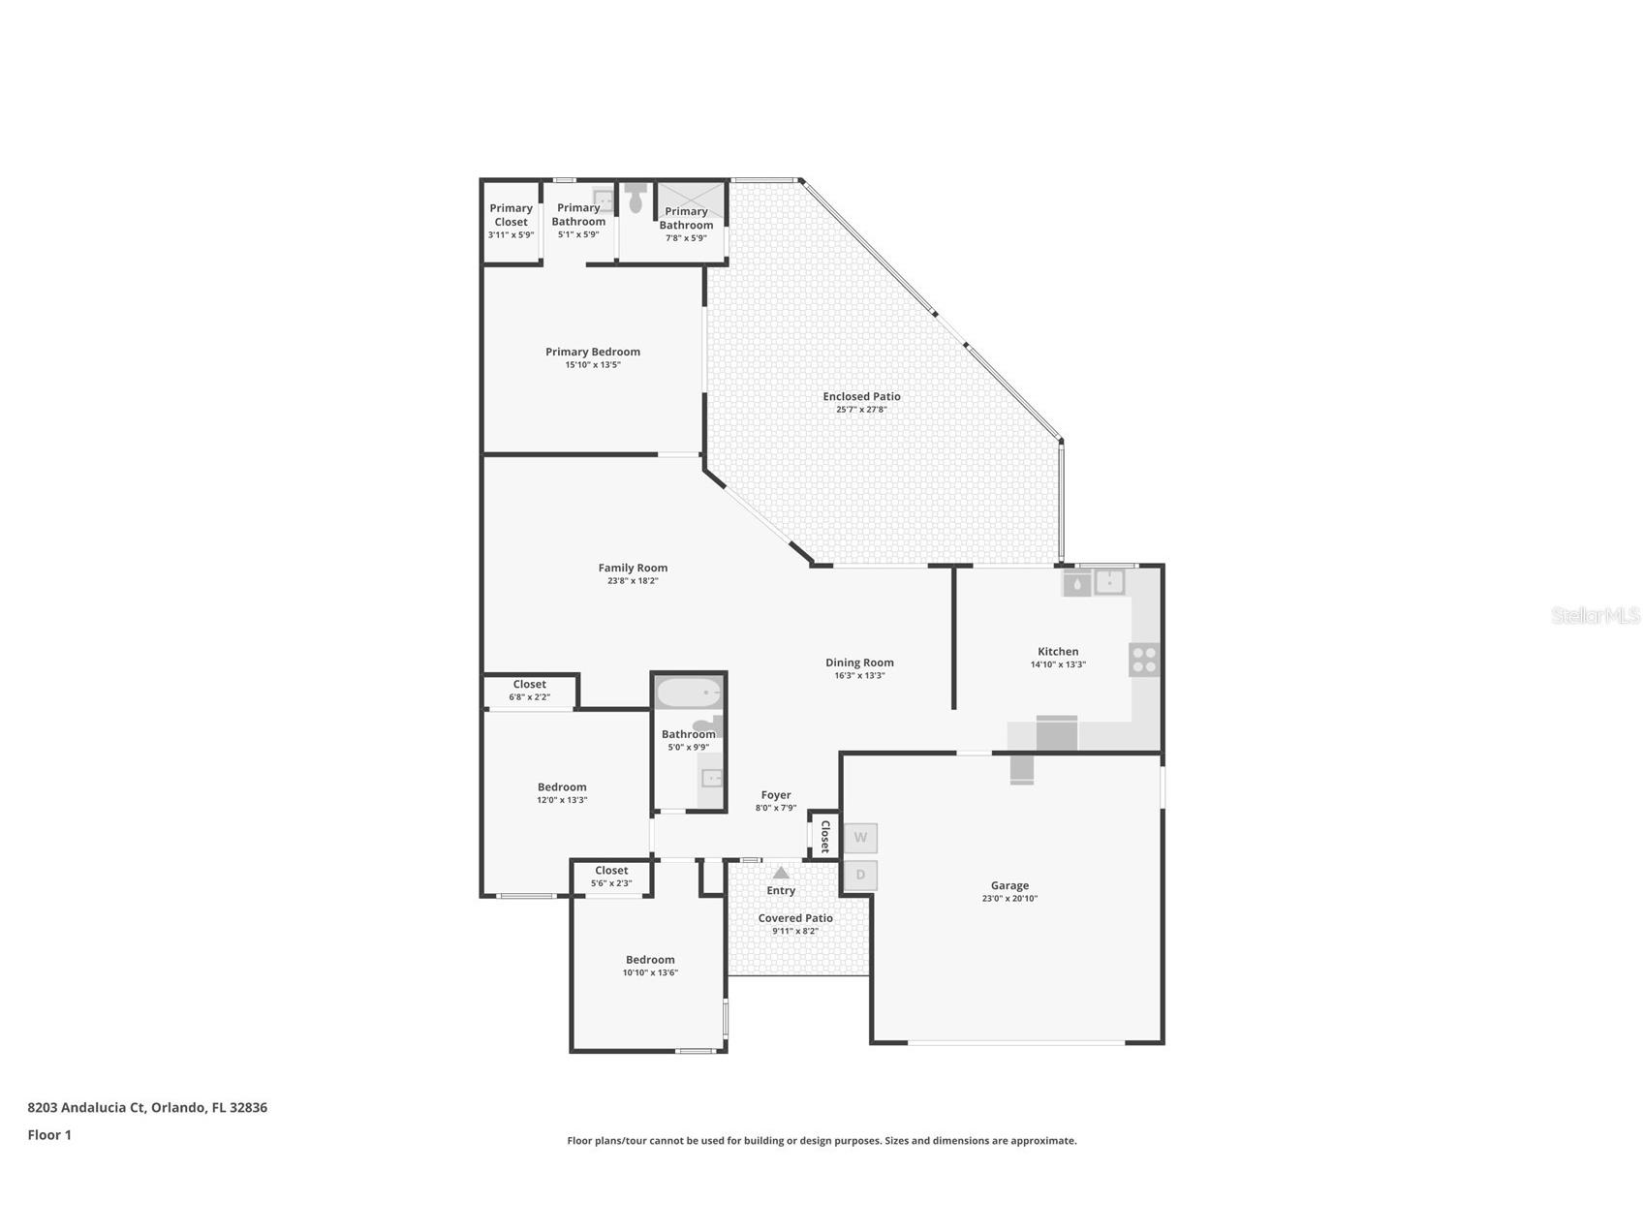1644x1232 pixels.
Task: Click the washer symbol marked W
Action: [x=860, y=838]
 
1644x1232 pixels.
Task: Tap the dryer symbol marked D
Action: [x=860, y=876]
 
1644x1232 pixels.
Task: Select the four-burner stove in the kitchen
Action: [x=1144, y=660]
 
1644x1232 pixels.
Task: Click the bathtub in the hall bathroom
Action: [x=689, y=693]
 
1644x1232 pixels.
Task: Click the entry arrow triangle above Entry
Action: [x=781, y=873]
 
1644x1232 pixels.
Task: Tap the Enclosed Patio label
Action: [x=861, y=396]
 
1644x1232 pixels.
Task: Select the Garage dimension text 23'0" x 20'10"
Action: [x=1009, y=899]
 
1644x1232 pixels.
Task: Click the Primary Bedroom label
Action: [x=593, y=352]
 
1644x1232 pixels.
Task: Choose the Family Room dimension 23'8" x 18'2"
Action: [x=633, y=581]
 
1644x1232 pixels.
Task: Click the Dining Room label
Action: [x=859, y=662]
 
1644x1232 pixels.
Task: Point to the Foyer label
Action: [x=776, y=795]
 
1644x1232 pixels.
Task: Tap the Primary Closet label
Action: [x=511, y=215]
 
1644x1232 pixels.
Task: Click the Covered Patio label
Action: [x=795, y=918]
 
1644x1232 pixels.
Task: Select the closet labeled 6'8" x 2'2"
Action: [x=530, y=690]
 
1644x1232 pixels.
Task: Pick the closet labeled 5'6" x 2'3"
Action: [x=611, y=877]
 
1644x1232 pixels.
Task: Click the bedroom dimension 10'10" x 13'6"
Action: [x=650, y=972]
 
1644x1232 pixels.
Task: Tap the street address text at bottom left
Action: [x=147, y=1107]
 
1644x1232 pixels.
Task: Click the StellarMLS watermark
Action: [x=1595, y=616]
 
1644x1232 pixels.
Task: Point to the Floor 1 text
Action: [x=49, y=1135]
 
